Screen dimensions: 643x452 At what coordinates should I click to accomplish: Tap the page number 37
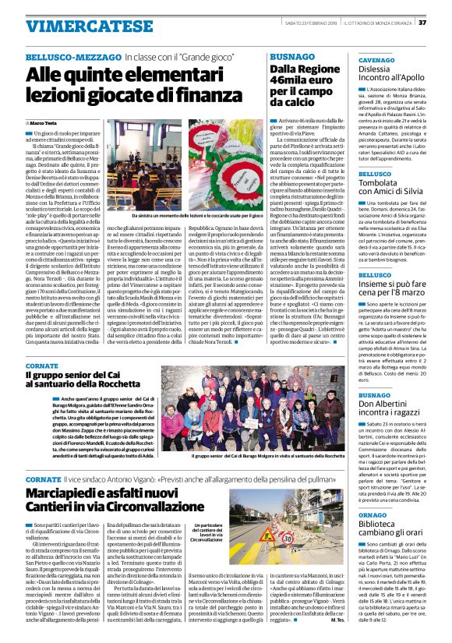click(443, 10)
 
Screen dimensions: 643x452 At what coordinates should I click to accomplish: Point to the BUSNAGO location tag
click(287, 58)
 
